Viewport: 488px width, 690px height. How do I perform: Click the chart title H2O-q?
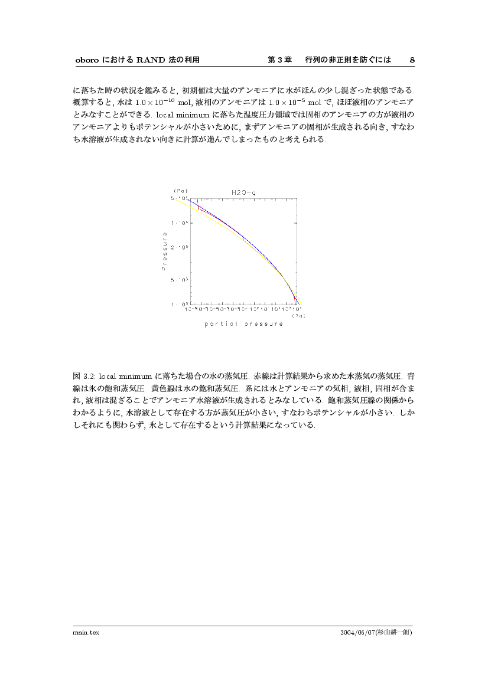(x=243, y=192)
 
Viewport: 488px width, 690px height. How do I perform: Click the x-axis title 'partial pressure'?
(x=243, y=323)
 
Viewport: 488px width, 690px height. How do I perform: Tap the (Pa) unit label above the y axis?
(x=180, y=191)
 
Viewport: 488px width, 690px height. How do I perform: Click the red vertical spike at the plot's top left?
(x=199, y=206)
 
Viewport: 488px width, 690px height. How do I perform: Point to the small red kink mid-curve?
(x=243, y=238)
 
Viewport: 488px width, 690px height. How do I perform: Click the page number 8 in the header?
(x=412, y=60)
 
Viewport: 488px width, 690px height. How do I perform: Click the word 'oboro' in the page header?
(x=86, y=60)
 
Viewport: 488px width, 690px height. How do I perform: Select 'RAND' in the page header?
(x=149, y=60)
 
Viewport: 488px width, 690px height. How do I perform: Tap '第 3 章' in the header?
(x=280, y=60)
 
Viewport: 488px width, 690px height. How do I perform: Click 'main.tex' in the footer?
(x=86, y=632)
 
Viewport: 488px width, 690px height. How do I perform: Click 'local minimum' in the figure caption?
(x=126, y=376)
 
